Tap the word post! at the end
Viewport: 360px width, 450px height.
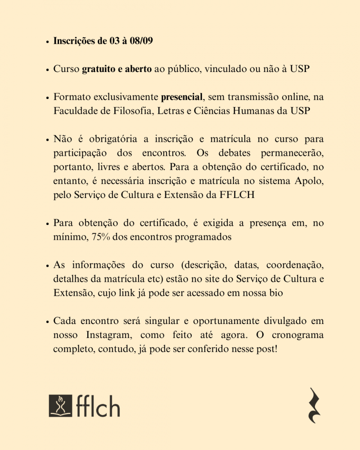click(266, 349)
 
